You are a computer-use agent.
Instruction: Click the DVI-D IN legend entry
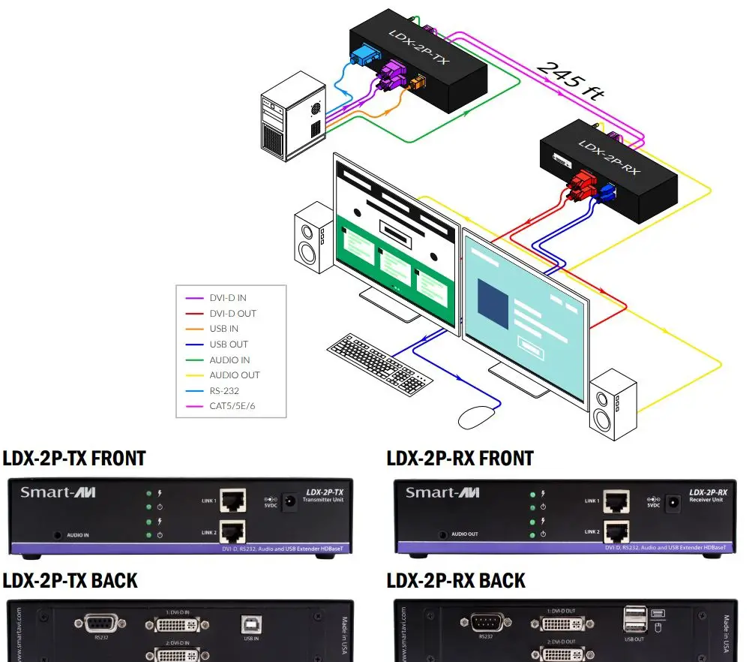227,298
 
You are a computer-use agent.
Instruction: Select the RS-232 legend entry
224,390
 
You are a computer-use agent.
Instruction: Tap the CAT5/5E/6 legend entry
237,406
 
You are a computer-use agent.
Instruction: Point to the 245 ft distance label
571,82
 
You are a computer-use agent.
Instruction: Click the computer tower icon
294,119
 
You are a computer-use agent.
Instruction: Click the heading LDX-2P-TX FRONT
74,458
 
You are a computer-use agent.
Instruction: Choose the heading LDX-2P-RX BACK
456,581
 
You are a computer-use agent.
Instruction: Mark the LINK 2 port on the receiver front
617,531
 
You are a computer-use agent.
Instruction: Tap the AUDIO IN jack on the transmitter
58,536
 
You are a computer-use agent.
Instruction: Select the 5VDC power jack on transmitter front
287,500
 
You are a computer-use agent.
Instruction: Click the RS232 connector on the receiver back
485,622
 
